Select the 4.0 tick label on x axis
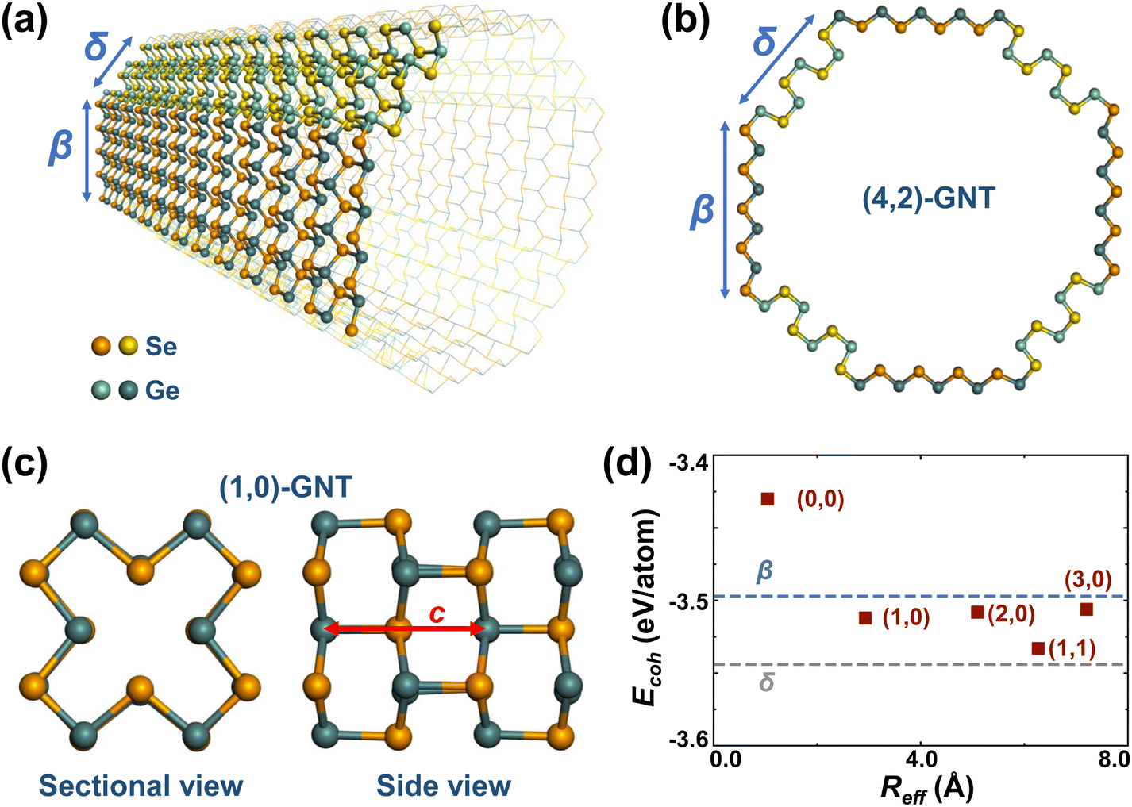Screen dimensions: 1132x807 tap(919, 759)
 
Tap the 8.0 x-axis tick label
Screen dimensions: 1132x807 tap(1112, 759)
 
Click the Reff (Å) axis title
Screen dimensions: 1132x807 tap(927, 788)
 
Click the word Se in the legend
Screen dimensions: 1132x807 tap(162, 347)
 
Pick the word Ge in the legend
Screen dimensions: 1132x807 tap(162, 390)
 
